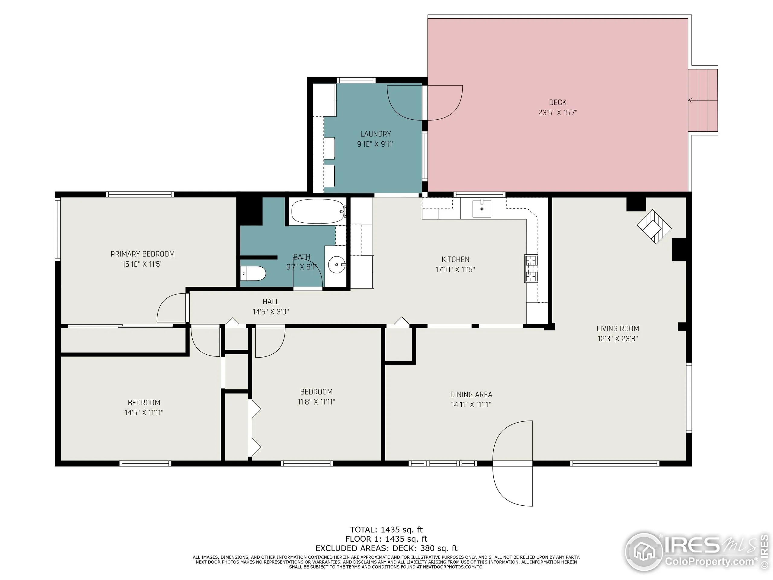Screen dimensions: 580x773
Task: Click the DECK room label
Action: [x=557, y=102]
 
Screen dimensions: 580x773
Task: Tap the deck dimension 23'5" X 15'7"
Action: [x=557, y=113]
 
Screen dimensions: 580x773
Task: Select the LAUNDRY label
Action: [x=375, y=134]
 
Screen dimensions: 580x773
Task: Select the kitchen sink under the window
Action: [x=482, y=208]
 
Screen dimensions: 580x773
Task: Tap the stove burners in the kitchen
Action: [x=531, y=269]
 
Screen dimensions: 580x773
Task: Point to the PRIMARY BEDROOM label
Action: [x=143, y=254]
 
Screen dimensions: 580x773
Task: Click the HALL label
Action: [x=271, y=301]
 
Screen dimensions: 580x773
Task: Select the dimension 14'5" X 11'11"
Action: [x=144, y=413]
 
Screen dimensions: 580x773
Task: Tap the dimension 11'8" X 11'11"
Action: [x=316, y=402]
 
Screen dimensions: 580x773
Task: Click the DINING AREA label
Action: [x=471, y=394]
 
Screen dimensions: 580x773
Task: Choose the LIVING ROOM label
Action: [x=617, y=329]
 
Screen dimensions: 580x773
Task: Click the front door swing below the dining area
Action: [x=513, y=484]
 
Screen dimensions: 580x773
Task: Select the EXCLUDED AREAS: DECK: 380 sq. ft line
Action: [x=386, y=548]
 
